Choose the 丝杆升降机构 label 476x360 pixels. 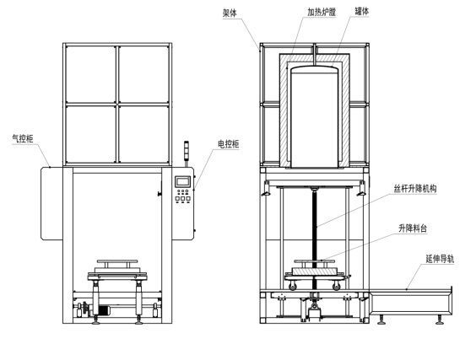click(x=415, y=190)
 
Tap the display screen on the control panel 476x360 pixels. click(x=182, y=182)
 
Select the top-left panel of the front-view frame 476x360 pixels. click(x=90, y=72)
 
